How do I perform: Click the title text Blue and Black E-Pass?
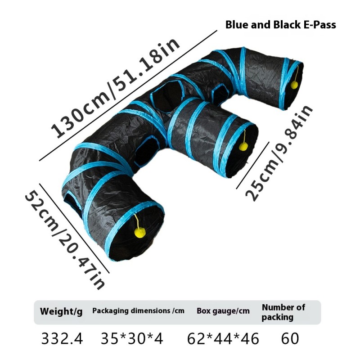(280, 25)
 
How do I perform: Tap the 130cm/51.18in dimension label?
(115, 88)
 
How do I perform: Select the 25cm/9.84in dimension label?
(279, 153)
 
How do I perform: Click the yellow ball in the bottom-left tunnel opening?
(140, 233)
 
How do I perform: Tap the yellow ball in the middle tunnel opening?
(243, 146)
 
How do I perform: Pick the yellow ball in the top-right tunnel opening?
(294, 85)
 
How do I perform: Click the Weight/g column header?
(61, 311)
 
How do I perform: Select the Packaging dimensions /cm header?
(138, 310)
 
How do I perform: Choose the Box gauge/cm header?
(223, 311)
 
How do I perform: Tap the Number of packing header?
(283, 312)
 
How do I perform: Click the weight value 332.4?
(62, 338)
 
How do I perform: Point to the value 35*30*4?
(132, 338)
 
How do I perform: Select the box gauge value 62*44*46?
(223, 339)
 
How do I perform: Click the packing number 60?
(290, 338)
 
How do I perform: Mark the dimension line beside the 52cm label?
(74, 228)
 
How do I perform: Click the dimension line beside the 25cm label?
(252, 165)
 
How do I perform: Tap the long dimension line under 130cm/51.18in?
(128, 95)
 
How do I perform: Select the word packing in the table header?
(278, 318)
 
